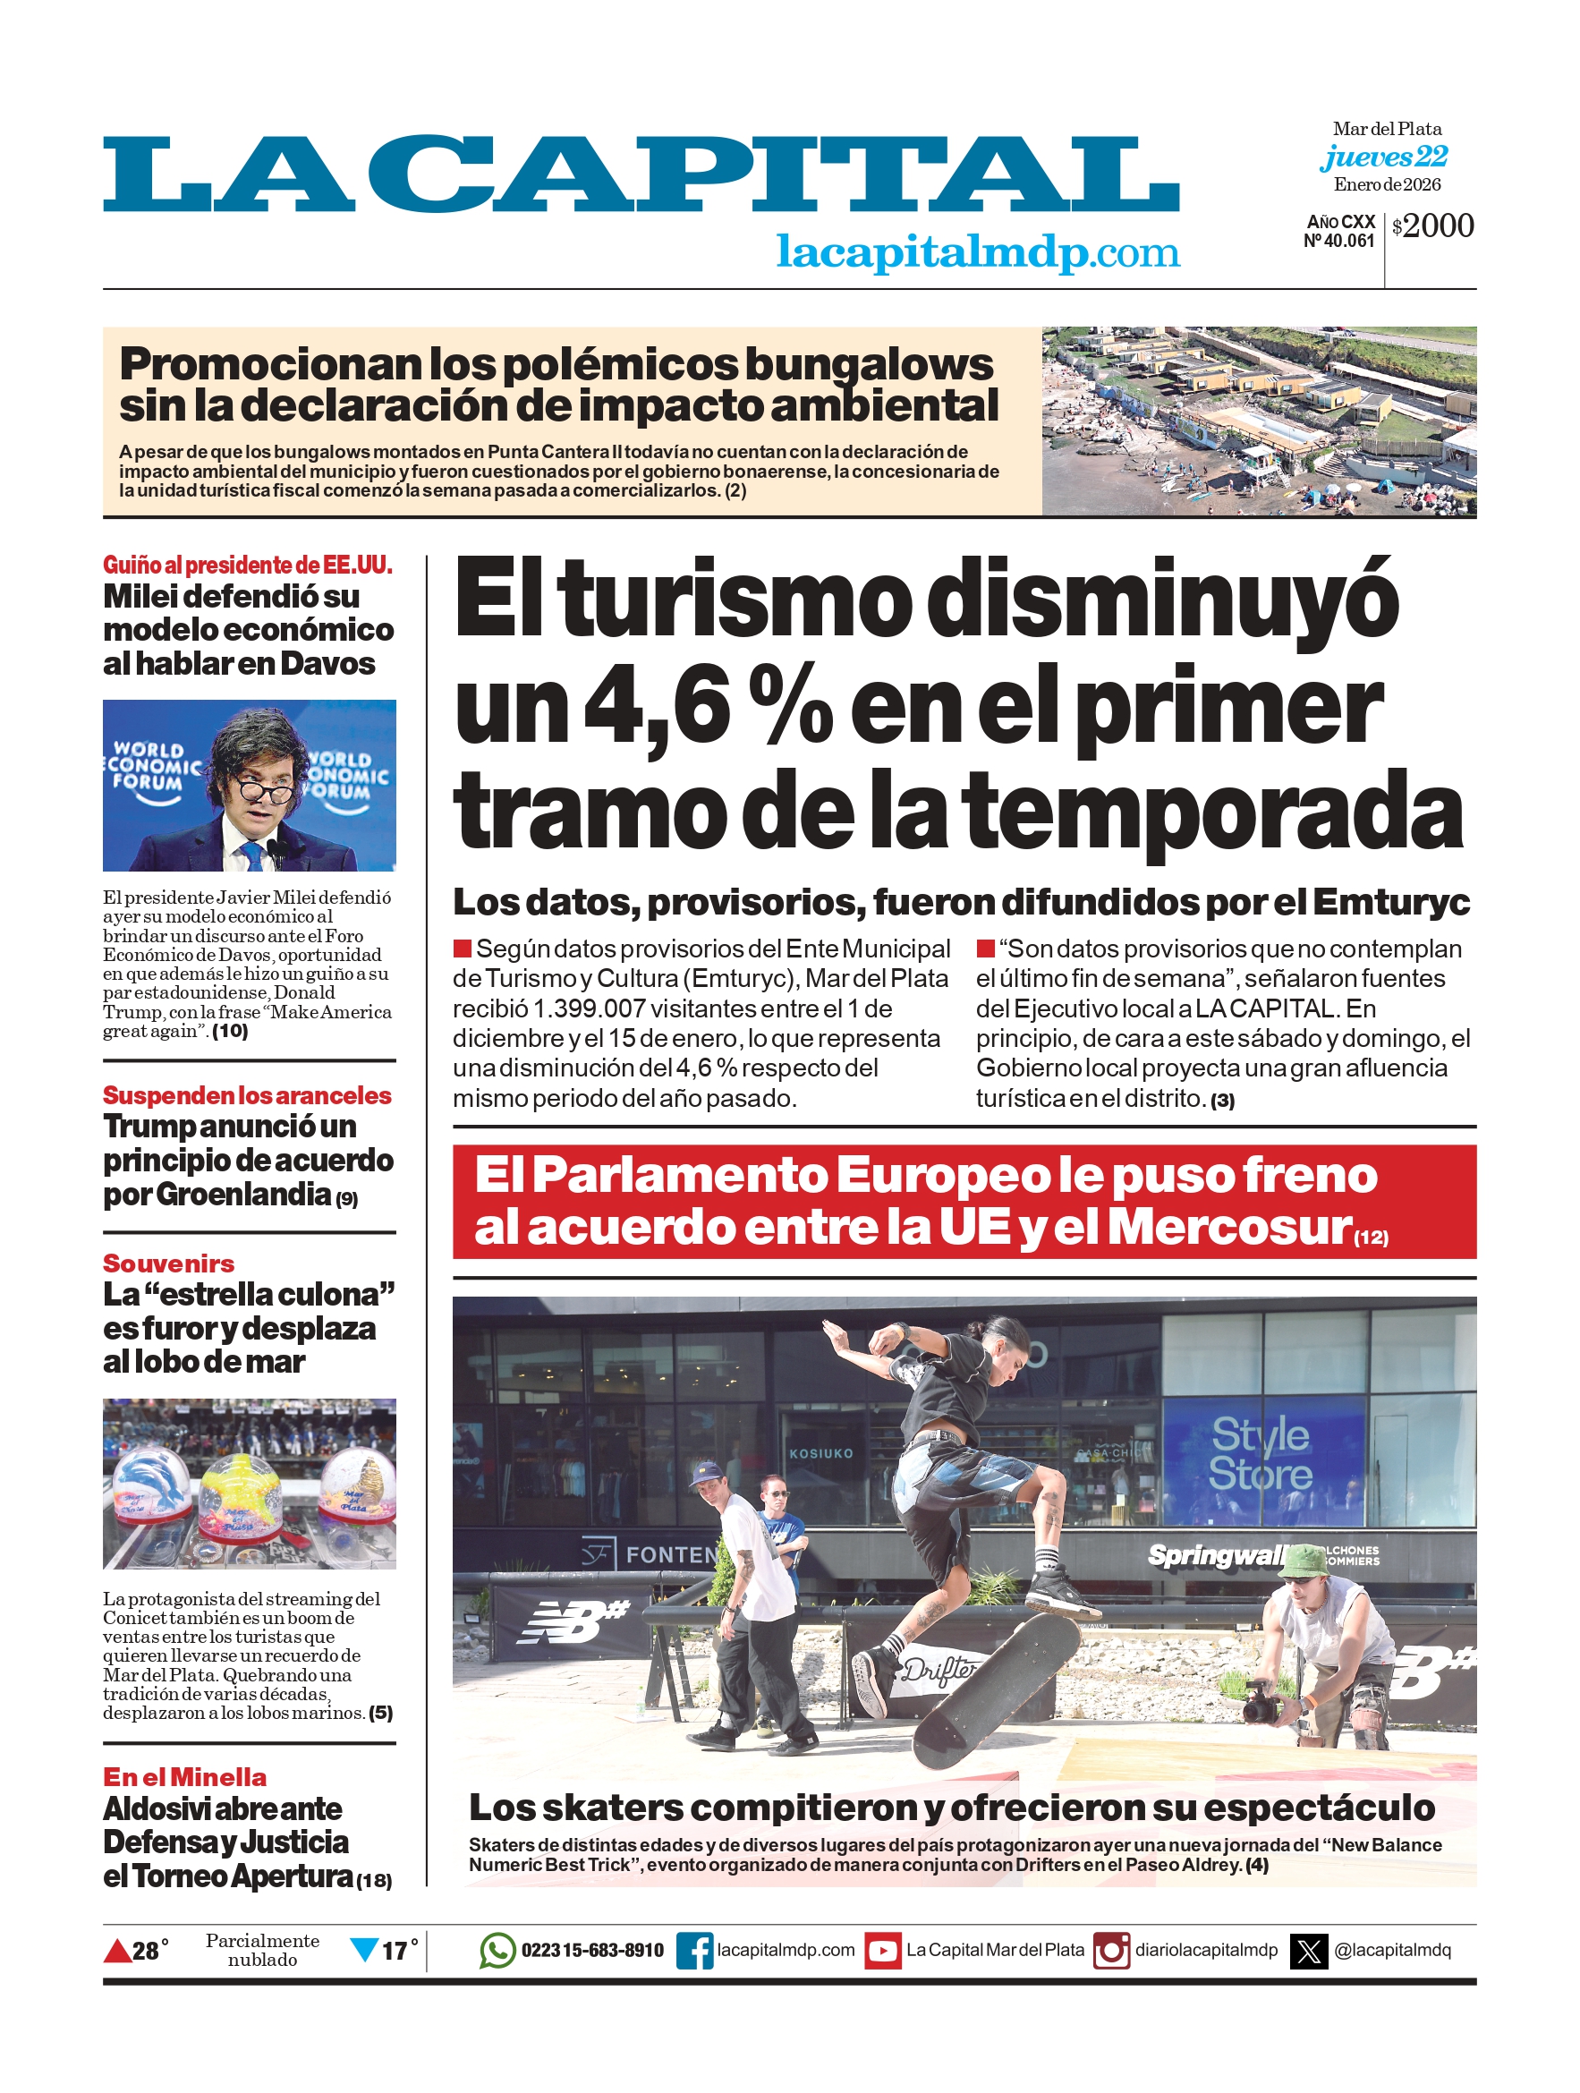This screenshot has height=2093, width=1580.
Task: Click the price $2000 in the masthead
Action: tap(1433, 226)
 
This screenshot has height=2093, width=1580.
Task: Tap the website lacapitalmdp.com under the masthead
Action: tap(977, 252)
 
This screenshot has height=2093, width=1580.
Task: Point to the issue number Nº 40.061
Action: tap(1338, 242)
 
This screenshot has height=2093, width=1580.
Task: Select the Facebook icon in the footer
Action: tap(694, 1951)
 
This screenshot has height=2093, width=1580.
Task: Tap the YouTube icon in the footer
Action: tap(883, 1951)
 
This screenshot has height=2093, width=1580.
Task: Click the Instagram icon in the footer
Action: tap(1112, 1951)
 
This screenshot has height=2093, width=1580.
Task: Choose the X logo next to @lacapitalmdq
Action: tap(1310, 1951)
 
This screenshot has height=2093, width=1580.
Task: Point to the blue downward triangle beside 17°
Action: tap(364, 1949)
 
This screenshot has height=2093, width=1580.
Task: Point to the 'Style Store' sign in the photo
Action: tap(1261, 1453)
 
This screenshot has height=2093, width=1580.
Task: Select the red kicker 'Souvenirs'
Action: tap(168, 1263)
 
